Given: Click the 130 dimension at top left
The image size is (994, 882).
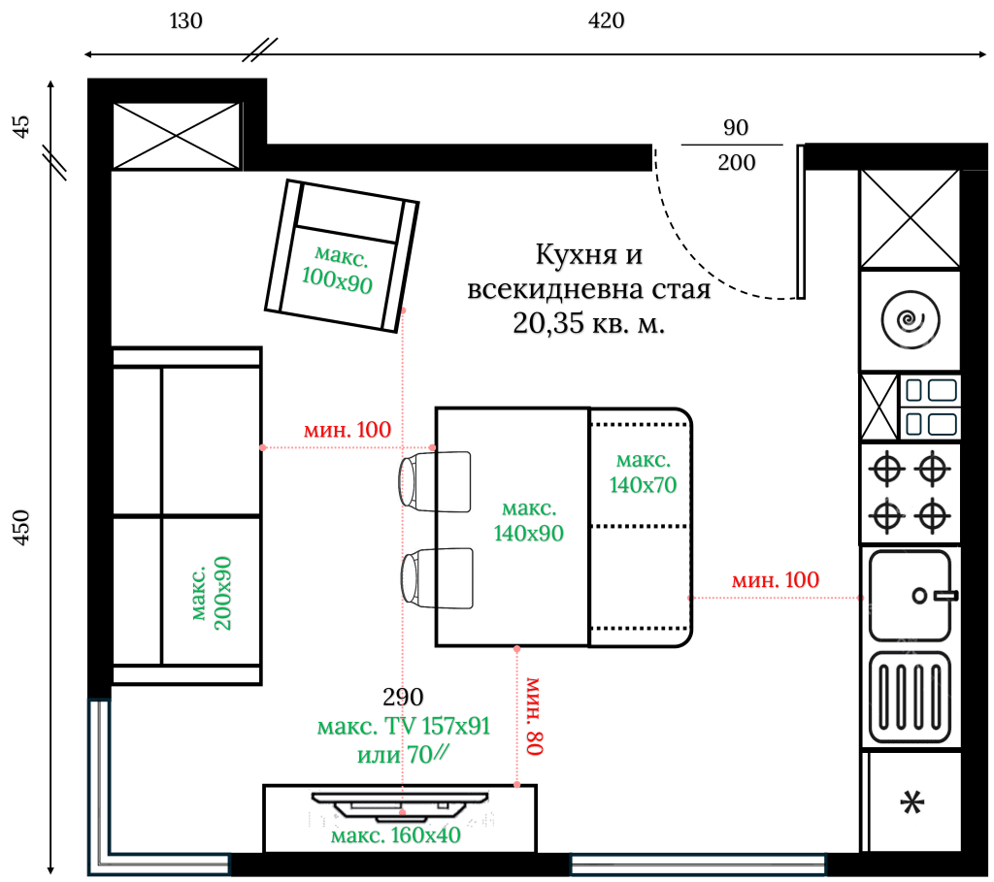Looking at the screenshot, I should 186,21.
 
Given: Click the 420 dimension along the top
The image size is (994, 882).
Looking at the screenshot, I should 608,21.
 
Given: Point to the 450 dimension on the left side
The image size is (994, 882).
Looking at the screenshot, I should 21,526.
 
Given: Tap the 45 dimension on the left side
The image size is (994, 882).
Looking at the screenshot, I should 21,125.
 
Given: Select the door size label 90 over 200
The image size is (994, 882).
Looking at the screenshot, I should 737,145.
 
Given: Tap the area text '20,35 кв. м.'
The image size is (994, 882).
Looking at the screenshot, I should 589,326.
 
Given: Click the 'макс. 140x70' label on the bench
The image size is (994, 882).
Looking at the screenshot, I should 642,472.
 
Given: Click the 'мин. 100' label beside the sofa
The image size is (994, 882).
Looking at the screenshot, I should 347,430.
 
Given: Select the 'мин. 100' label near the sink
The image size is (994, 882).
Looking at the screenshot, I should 775,580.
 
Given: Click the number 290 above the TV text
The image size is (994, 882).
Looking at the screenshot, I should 403,697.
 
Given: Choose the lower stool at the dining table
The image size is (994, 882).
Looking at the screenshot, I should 438,578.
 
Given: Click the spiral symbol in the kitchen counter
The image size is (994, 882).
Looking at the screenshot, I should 911,319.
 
